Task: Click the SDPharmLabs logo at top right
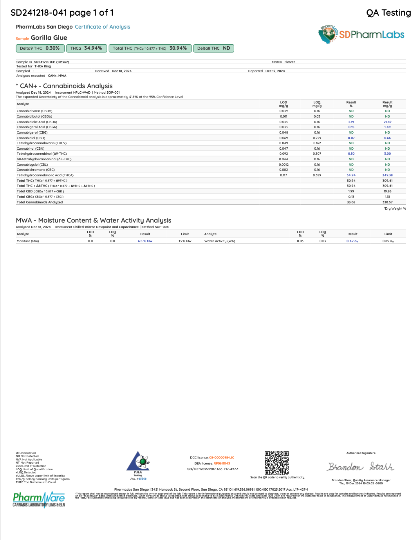pyautogui.click(x=361, y=34)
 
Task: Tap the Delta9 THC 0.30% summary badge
pyautogui.click(x=40, y=48)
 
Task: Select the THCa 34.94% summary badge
pyautogui.click(x=86, y=48)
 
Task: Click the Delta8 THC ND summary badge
pyautogui.click(x=213, y=48)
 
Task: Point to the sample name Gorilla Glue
pyautogui.click(x=49, y=38)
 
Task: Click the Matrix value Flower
pyautogui.click(x=290, y=62)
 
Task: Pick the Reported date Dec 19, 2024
pyautogui.click(x=275, y=71)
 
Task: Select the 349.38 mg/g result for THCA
pyautogui.click(x=387, y=175)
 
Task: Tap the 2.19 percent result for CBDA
pyautogui.click(x=351, y=122)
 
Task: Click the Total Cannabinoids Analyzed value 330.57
pyautogui.click(x=387, y=202)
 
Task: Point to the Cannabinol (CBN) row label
pyautogui.click(x=31, y=149)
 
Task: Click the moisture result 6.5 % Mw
pyautogui.click(x=145, y=241)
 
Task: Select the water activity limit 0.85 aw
pyautogui.click(x=388, y=241)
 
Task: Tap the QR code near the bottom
pyautogui.click(x=276, y=463)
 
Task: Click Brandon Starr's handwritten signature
pyautogui.click(x=361, y=466)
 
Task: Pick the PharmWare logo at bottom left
pyautogui.click(x=39, y=499)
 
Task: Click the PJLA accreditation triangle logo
pyautogui.click(x=138, y=462)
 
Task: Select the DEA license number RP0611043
pyautogui.click(x=222, y=463)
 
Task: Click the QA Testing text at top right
pyautogui.click(x=388, y=13)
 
